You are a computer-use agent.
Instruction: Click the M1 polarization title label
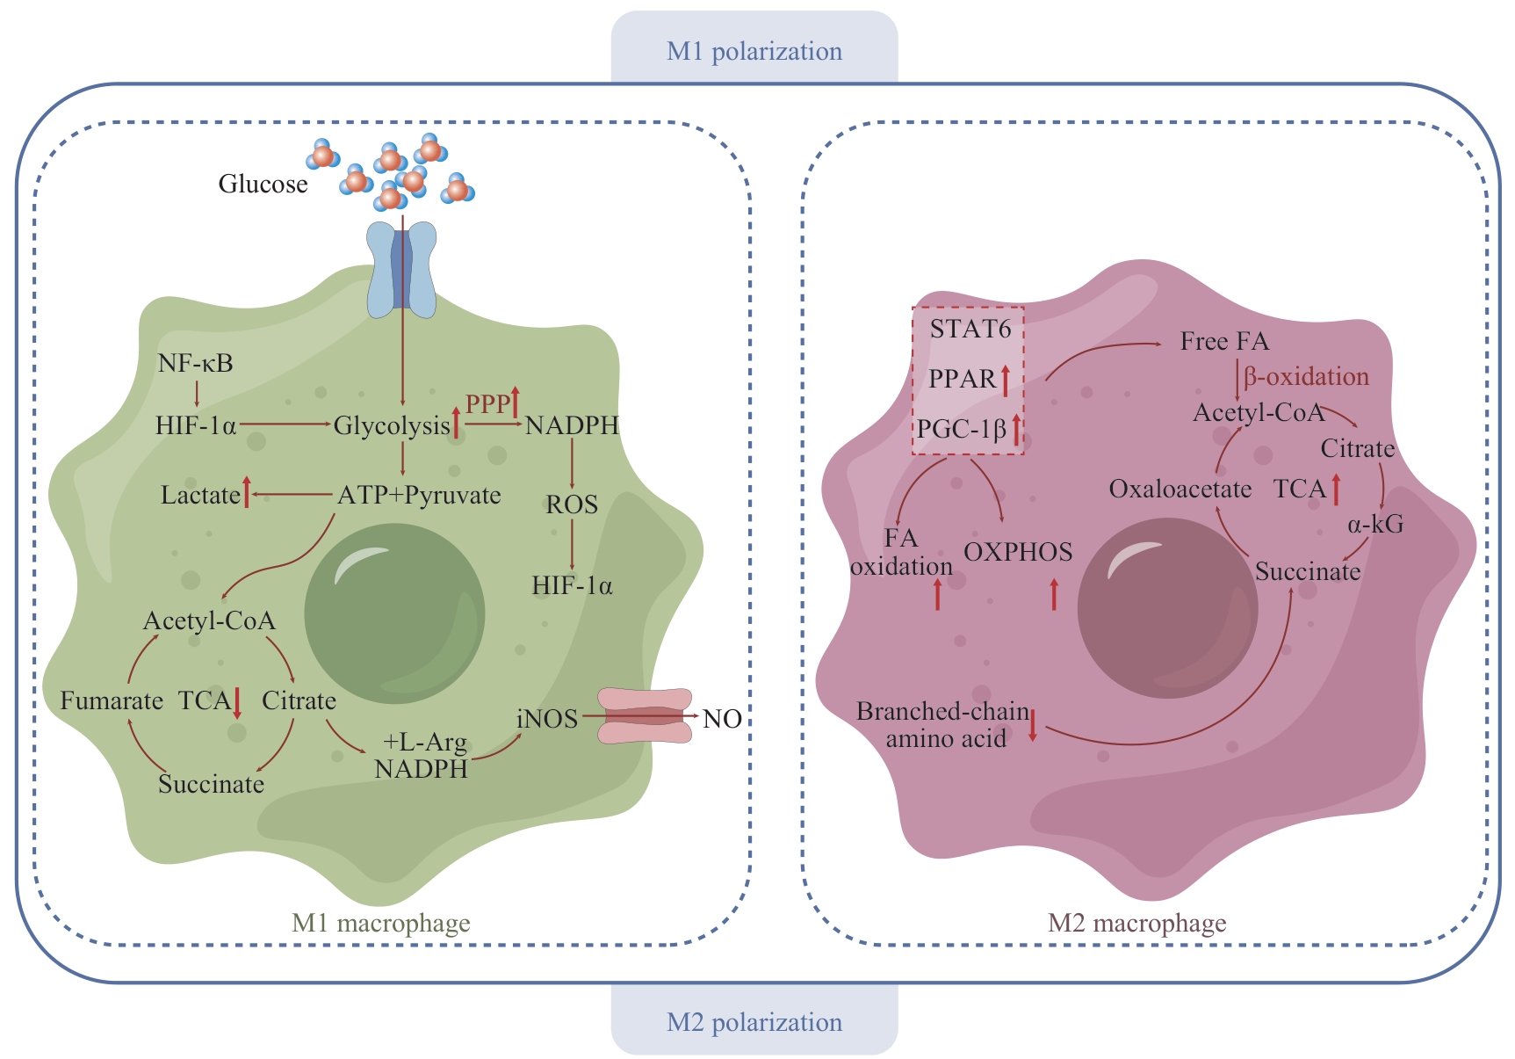[x=754, y=51]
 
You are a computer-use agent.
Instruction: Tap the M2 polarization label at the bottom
[x=754, y=1022]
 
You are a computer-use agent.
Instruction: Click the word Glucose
[x=263, y=184]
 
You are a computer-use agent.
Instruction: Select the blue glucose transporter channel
[x=401, y=269]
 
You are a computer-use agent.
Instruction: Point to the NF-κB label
[x=195, y=363]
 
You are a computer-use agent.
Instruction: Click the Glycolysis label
[x=392, y=425]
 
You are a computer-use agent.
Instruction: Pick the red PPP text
[x=487, y=403]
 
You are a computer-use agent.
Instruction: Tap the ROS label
[x=572, y=504]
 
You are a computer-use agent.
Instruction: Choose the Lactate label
[x=200, y=495]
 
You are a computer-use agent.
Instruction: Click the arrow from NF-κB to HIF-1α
[x=197, y=393]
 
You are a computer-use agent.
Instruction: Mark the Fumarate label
[x=112, y=700]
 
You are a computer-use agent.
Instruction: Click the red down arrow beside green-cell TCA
[x=237, y=703]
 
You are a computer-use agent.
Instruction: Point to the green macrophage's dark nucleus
[x=394, y=613]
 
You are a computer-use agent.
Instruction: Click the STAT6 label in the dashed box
[x=970, y=329]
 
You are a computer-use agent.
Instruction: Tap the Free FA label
[x=1224, y=341]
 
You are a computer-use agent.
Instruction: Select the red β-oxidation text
[x=1306, y=376]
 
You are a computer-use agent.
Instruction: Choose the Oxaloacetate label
[x=1180, y=489]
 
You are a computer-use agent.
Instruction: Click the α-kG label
[x=1375, y=525]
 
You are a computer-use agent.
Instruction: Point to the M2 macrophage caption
[x=1136, y=923]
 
